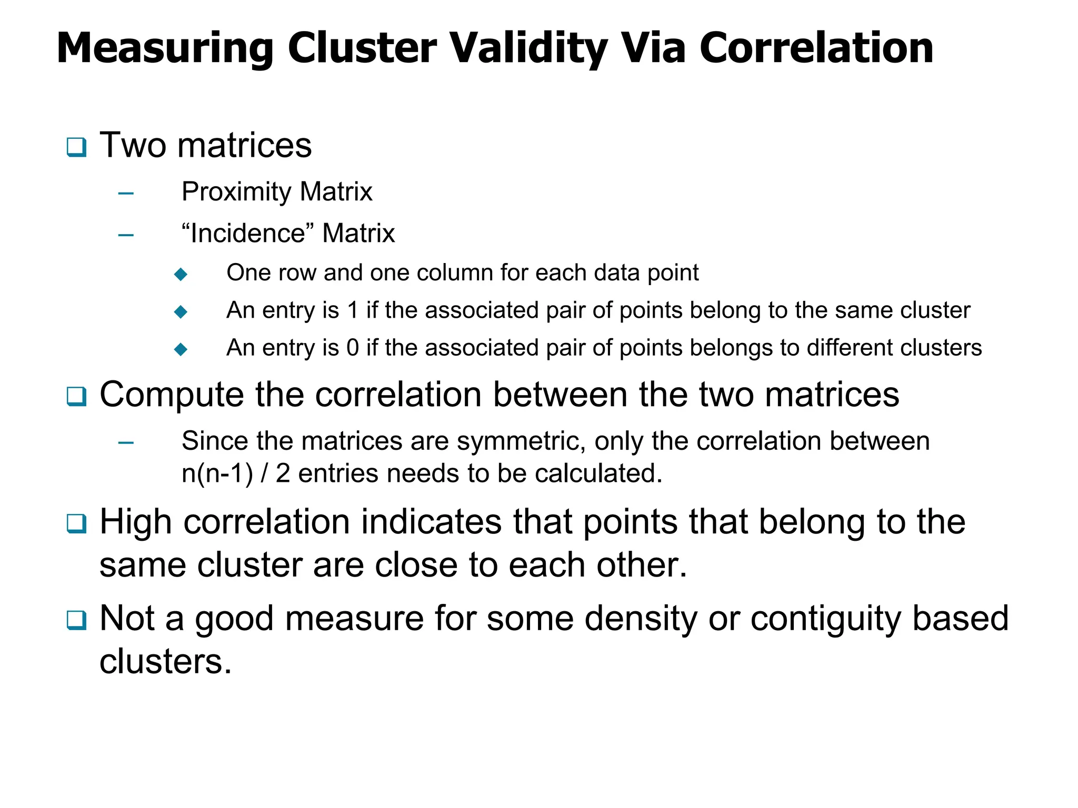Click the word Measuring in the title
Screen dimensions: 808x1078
tap(165, 48)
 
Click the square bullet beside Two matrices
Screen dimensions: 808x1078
tap(76, 147)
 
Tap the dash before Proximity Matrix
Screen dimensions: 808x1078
tap(126, 194)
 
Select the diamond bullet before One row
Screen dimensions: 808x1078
tap(181, 274)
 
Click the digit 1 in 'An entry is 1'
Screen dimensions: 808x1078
tap(353, 310)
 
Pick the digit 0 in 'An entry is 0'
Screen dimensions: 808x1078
tap(353, 348)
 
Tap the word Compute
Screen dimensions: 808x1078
tap(172, 395)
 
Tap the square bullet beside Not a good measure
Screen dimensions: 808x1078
tap(76, 620)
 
